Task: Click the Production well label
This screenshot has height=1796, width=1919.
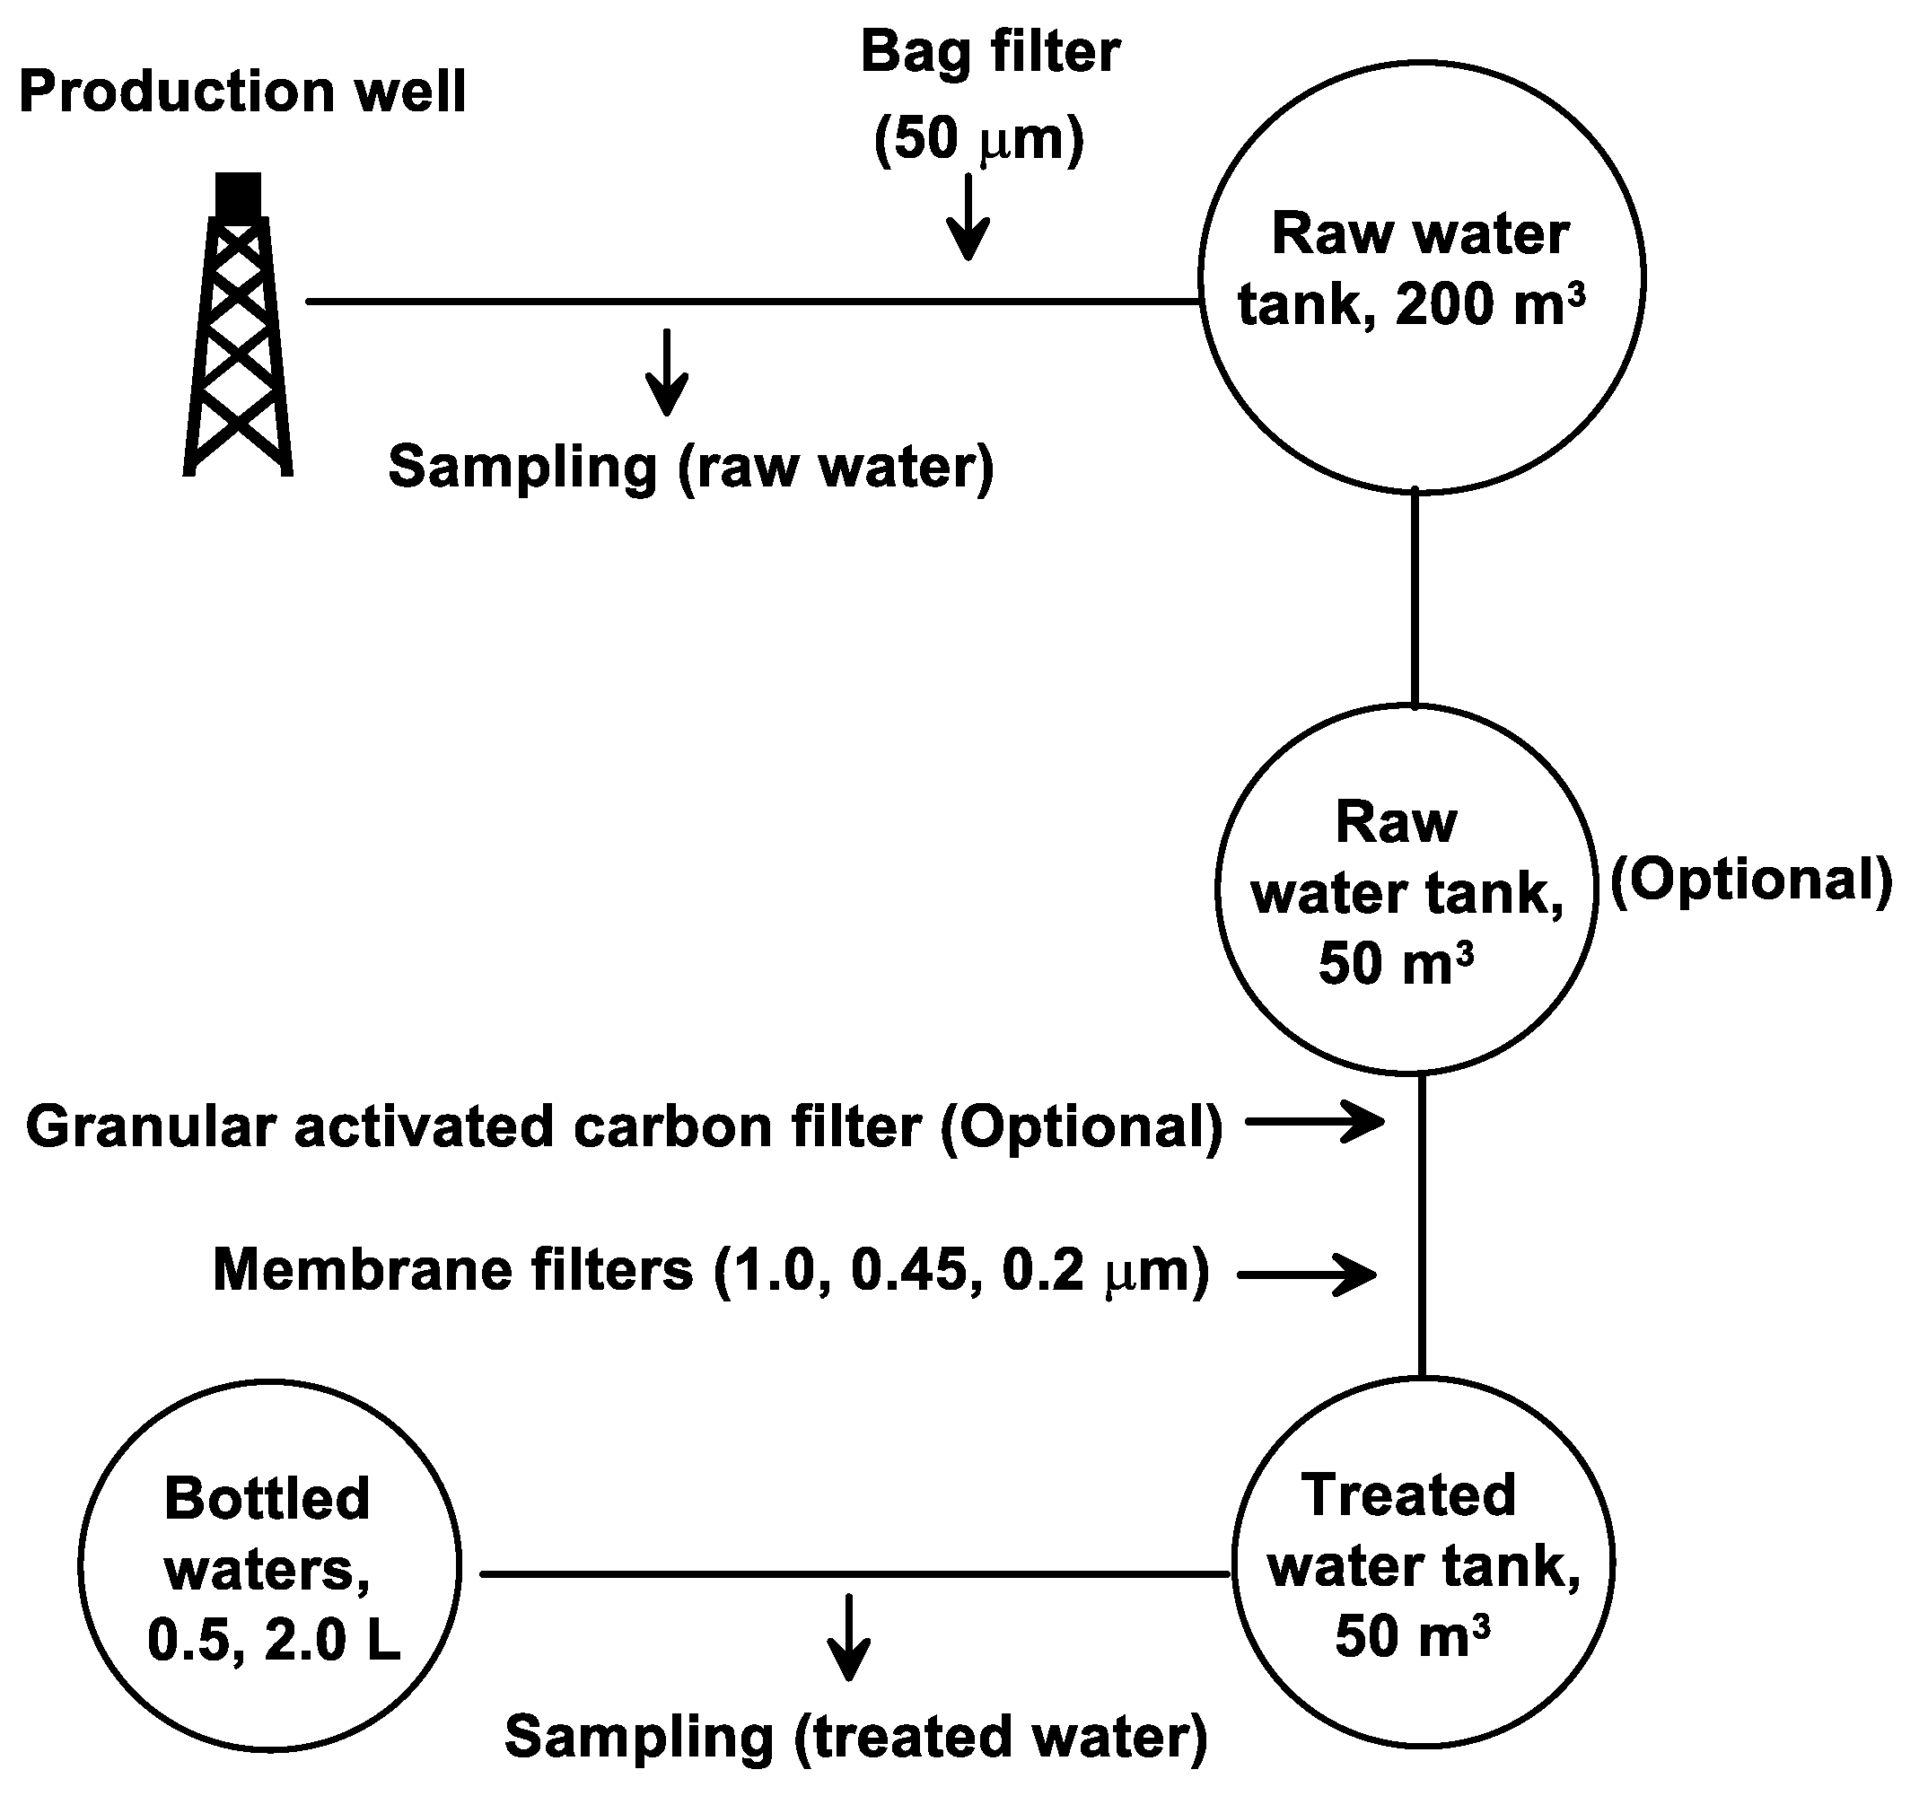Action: click(242, 92)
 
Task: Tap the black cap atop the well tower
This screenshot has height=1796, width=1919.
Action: click(238, 194)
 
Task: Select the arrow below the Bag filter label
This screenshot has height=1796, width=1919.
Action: click(968, 217)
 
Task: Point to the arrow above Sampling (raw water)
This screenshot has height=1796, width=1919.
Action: click(666, 372)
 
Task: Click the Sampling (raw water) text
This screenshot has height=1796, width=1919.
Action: click(690, 467)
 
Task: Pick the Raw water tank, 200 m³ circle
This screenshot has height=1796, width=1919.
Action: click(1421, 278)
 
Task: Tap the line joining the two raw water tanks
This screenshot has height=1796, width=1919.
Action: click(1415, 599)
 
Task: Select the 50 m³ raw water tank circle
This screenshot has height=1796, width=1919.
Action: click(1406, 889)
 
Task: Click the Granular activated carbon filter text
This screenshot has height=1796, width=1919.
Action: click(624, 1126)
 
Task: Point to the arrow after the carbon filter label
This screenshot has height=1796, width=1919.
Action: click(1315, 1121)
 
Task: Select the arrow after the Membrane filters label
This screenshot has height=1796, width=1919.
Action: click(1307, 1274)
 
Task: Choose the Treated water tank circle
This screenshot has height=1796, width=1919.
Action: click(1423, 1563)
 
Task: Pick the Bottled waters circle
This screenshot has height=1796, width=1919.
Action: click(270, 1564)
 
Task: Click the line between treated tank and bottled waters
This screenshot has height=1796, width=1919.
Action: click(854, 1574)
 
